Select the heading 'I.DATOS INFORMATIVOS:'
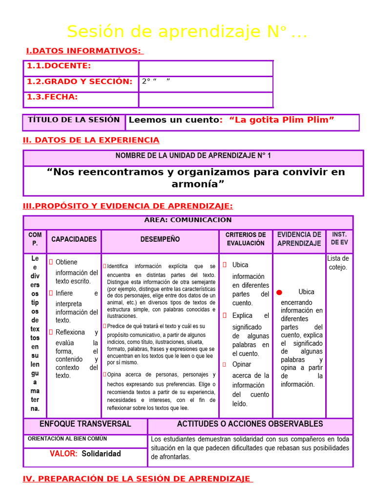(x=83, y=51)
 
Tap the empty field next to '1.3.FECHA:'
(x=206, y=100)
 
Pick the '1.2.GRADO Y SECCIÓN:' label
(x=80, y=82)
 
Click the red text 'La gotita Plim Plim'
(x=281, y=120)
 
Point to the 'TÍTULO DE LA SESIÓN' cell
(x=74, y=120)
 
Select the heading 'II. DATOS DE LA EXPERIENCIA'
(x=91, y=140)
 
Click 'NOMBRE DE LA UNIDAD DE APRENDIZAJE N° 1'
(x=193, y=156)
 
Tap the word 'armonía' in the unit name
(x=197, y=184)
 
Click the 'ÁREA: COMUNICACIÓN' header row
(x=188, y=220)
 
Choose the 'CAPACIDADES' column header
(x=74, y=239)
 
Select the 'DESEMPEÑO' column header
(x=160, y=239)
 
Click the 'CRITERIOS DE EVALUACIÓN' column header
(x=246, y=239)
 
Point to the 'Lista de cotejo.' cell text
(x=338, y=263)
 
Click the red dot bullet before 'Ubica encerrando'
(x=279, y=292)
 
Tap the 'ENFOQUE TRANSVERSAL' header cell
(x=85, y=424)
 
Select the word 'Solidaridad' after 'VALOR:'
(x=101, y=454)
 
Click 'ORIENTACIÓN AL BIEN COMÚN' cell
(x=67, y=439)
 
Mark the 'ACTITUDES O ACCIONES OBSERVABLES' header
(x=250, y=424)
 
